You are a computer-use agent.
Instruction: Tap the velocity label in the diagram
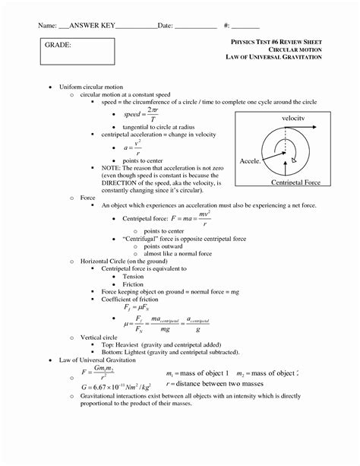pyautogui.click(x=292, y=119)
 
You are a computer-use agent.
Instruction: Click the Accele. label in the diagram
pyautogui.click(x=251, y=162)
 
